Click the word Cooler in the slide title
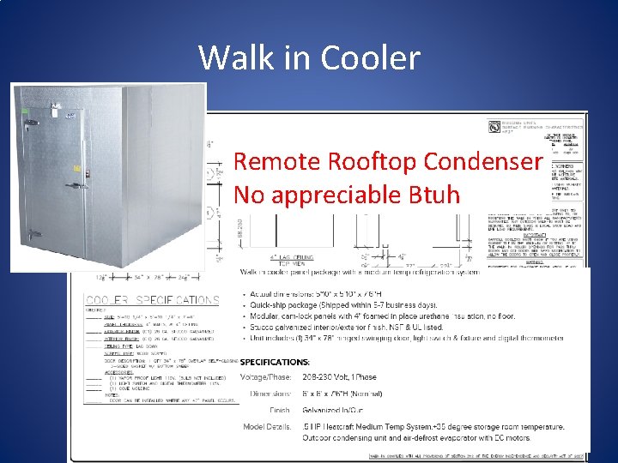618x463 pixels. tap(370, 58)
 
